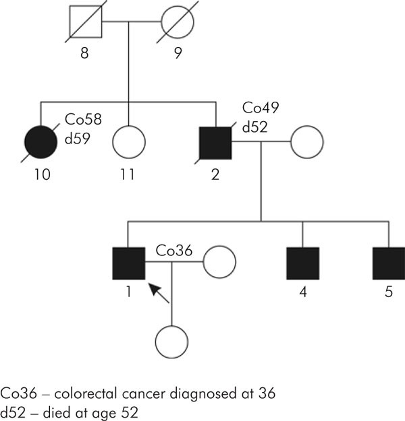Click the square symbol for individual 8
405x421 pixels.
[84, 23]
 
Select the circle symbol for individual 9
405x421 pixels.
[177, 23]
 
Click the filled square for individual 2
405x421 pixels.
[215, 141]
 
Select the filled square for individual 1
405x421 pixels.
[128, 263]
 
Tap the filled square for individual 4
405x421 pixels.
[302, 263]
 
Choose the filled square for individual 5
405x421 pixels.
[388, 263]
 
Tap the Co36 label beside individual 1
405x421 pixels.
[173, 251]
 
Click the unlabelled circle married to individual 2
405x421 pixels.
[306, 141]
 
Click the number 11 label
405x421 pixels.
[128, 174]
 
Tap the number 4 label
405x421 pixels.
[302, 295]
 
